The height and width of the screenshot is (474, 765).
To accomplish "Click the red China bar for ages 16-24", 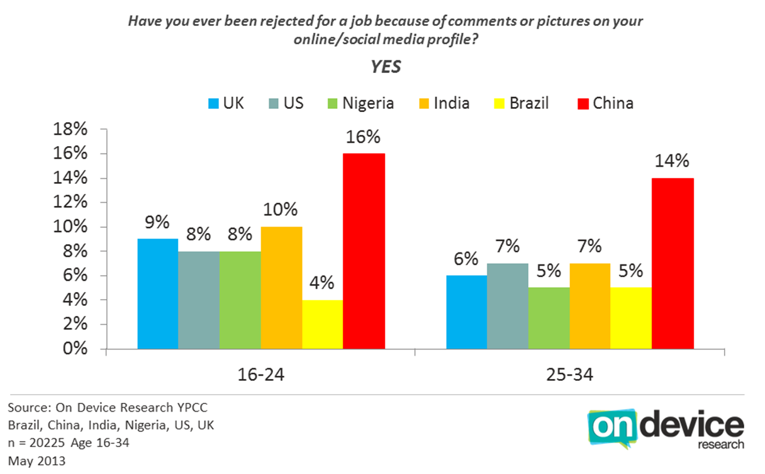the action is click(x=364, y=251).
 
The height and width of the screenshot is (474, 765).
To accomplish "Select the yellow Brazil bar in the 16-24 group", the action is click(x=323, y=324).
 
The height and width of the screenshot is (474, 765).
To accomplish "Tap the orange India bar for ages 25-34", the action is click(x=590, y=306).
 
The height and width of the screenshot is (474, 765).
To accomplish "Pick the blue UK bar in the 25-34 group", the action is click(x=467, y=312).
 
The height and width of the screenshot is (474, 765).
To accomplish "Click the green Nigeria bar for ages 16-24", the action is click(x=240, y=300).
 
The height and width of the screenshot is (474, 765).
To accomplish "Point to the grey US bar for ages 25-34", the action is click(x=508, y=306).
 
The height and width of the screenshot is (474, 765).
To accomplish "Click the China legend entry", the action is click(x=605, y=103).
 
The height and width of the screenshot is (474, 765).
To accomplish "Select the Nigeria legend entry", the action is click(x=360, y=103).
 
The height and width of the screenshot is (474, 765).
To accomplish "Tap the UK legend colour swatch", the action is click(x=213, y=103).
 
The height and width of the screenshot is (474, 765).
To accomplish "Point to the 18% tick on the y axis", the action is click(x=70, y=129).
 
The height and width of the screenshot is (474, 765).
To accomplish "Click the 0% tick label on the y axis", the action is click(x=75, y=349).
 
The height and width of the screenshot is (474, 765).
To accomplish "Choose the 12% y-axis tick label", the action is click(x=70, y=202).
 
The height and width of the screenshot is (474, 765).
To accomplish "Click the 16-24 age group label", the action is click(x=261, y=375).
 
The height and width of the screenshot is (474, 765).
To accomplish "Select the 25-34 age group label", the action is click(x=569, y=375).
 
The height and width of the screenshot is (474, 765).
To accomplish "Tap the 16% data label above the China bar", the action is click(x=363, y=137).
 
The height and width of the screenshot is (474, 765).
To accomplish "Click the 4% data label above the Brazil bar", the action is click(x=321, y=283).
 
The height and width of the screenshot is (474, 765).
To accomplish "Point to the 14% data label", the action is click(x=672, y=161).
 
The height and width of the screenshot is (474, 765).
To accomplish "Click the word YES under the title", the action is click(x=386, y=67).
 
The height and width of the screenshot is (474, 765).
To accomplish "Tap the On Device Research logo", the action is click(x=665, y=429).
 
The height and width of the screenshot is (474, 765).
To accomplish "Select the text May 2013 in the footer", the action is click(x=36, y=461).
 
